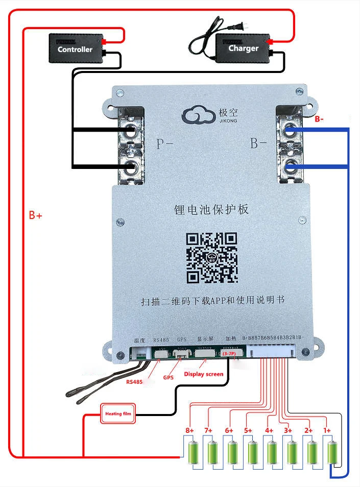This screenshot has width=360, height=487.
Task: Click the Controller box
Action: point(75,48)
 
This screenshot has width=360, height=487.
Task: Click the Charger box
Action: point(243,48)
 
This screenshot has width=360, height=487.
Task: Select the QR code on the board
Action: point(211,258)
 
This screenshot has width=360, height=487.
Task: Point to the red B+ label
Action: point(35,216)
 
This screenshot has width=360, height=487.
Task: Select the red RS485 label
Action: point(135,381)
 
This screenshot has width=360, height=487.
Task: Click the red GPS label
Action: point(169,378)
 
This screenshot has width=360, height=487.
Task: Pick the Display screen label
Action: point(204,374)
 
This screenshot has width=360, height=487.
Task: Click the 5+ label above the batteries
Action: point(248,430)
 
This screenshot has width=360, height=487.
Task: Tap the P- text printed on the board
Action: point(164,144)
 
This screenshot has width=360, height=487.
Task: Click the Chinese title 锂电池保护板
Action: point(211,210)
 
